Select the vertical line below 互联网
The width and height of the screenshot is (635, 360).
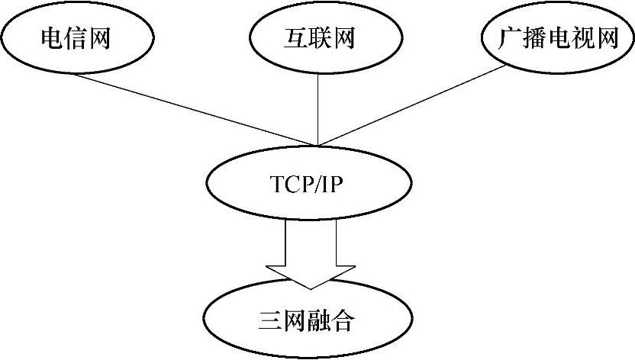(317, 107)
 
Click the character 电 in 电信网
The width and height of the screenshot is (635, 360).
(52, 37)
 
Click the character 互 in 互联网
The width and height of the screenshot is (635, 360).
(291, 37)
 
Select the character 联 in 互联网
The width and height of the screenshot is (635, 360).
(317, 37)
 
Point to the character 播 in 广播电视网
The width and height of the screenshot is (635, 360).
(533, 37)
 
